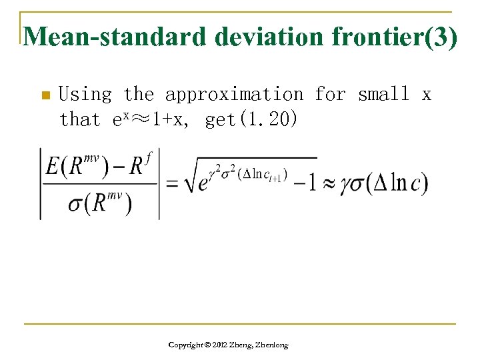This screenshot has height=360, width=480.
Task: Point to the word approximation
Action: [x=233, y=95]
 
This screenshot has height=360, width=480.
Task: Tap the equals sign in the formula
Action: [x=173, y=183]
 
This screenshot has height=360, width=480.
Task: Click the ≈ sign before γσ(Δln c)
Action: [x=330, y=183]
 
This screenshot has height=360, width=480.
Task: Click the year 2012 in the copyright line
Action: [x=217, y=345]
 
